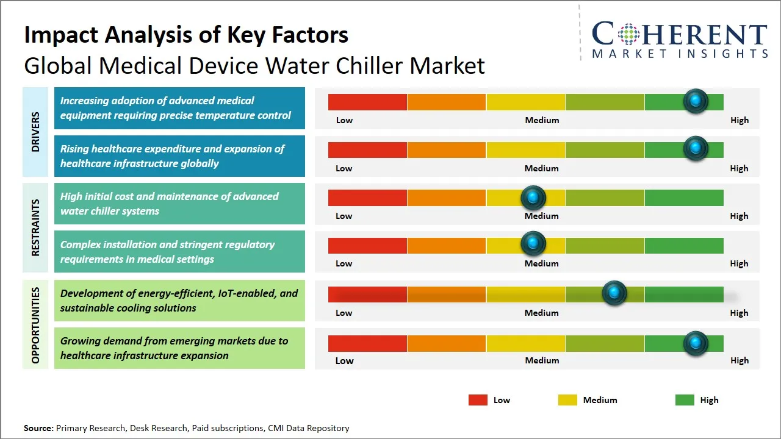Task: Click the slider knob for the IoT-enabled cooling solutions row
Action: click(614, 293)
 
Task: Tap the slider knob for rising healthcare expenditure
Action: click(695, 149)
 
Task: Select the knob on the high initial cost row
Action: click(533, 197)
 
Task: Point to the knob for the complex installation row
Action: click(533, 244)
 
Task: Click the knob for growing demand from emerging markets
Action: click(695, 343)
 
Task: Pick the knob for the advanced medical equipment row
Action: click(695, 101)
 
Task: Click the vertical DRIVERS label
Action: click(35, 132)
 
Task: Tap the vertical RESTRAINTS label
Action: click(35, 227)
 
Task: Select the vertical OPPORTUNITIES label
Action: click(35, 325)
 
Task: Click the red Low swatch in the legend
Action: click(478, 400)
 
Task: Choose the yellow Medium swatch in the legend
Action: click(567, 400)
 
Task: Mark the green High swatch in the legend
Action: click(685, 400)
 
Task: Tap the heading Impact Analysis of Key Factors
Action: click(186, 35)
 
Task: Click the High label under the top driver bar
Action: click(739, 120)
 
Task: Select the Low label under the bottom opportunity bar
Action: click(344, 360)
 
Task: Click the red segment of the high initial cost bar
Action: click(367, 198)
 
